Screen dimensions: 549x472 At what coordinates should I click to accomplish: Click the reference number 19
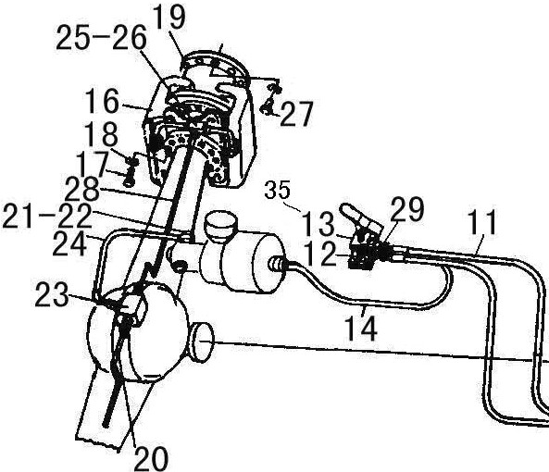[x=169, y=17]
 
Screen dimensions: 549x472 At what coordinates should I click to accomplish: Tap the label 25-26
[x=101, y=38]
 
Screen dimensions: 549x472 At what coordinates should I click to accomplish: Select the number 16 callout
[x=102, y=101]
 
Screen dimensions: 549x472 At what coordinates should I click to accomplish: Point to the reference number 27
[x=296, y=114]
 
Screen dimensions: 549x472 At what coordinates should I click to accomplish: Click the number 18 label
[x=102, y=134]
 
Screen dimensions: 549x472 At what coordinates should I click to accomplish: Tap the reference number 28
[x=82, y=189]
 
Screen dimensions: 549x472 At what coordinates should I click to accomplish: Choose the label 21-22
[x=47, y=217]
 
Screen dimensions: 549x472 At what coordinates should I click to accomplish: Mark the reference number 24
[x=69, y=243]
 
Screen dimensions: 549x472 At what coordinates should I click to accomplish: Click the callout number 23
[x=52, y=295]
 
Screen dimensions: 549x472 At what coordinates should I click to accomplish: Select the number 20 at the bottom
[x=151, y=457]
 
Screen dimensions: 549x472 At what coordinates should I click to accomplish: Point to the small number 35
[x=278, y=190]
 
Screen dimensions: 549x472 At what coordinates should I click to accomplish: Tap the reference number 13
[x=318, y=224]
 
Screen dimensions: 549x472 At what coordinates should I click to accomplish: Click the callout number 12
[x=319, y=254]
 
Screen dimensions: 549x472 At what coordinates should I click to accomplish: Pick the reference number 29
[x=407, y=209]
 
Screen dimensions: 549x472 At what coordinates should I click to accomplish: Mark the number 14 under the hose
[x=362, y=329]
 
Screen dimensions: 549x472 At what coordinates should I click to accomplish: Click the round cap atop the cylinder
[x=221, y=226]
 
